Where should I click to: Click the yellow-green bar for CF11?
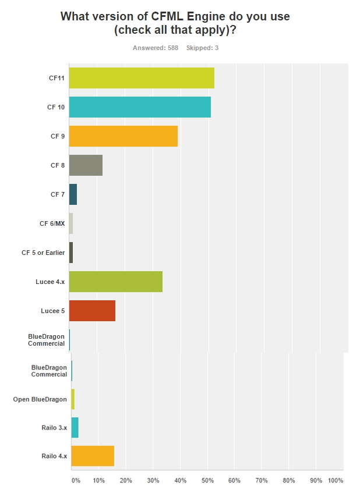coord(142,78)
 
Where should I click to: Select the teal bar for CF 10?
coord(140,107)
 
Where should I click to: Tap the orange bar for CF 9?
coord(123,136)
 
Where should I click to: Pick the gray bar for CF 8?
coord(86,165)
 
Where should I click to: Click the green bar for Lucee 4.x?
coord(115,282)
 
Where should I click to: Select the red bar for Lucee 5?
coord(92,311)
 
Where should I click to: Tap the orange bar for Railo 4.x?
coord(93,456)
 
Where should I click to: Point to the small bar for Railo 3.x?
coord(75,427)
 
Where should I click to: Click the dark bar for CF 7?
coord(73,194)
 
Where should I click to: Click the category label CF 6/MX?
coord(52,223)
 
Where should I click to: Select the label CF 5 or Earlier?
coord(43,253)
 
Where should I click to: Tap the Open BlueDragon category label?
coord(40,399)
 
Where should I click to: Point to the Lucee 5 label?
coord(52,311)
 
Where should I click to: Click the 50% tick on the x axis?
coord(207,481)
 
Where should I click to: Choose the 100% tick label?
coord(336,481)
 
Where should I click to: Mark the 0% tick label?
coord(76,481)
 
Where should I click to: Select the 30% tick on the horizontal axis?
coord(153,481)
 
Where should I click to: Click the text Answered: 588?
coord(155,48)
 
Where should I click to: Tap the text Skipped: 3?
coord(202,48)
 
